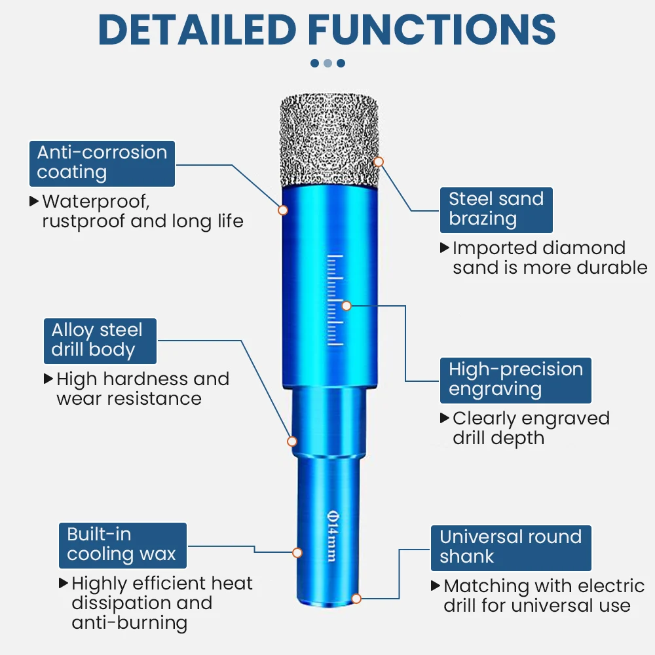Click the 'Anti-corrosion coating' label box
point(102,163)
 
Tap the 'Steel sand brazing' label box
point(496,209)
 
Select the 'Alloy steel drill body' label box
point(100,340)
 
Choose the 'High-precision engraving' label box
point(515,379)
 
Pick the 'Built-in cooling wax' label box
point(122,544)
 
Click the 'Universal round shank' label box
point(511,547)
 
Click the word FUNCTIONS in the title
point(432,29)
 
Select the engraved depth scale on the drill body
point(335,299)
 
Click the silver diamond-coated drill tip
point(330,140)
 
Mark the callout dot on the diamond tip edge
point(379,161)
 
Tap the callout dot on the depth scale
point(347,305)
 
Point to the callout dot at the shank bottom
point(356,598)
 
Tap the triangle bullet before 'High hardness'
point(48,379)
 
